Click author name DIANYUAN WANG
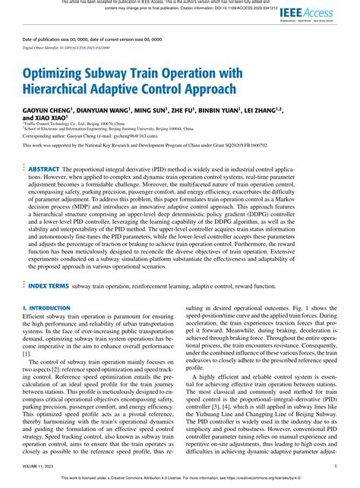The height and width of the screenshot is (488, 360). pos(112,111)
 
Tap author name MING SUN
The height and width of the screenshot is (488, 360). pos(163,111)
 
